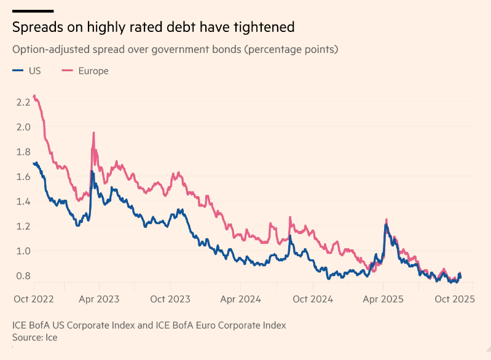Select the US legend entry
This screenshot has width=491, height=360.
[34, 71]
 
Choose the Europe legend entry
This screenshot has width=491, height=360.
[93, 71]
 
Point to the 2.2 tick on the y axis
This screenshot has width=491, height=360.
[23, 102]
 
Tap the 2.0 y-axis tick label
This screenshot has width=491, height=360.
[23, 127]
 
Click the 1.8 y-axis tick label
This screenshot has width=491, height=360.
[23, 152]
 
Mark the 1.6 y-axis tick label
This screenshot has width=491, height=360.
[23, 176]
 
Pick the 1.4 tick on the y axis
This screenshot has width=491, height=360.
[23, 201]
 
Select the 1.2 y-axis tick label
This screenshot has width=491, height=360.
[23, 225]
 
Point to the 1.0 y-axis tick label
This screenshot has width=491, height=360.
[23, 251]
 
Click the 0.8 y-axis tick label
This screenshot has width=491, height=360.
[23, 275]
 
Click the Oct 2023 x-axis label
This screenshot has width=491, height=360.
[171, 299]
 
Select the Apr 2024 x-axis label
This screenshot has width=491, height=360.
[241, 299]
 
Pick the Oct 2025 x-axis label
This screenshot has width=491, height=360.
[455, 299]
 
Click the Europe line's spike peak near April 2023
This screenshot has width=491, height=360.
[93, 133]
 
